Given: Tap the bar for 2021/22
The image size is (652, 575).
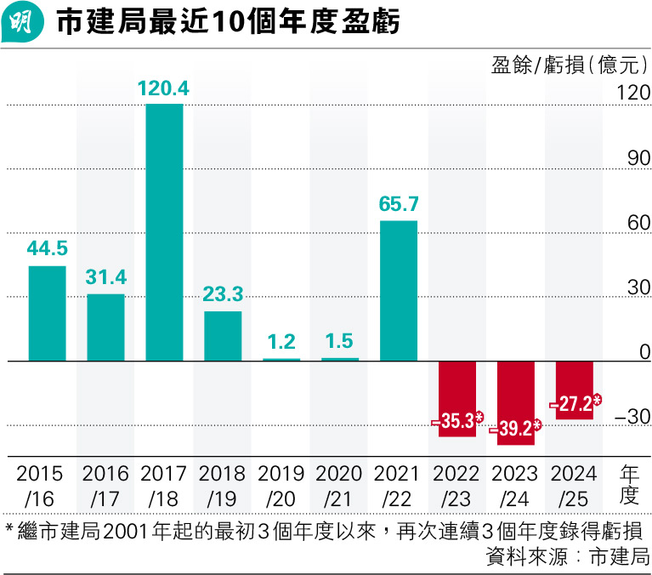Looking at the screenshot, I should (399, 291).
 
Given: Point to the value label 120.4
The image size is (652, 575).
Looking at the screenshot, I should (164, 88).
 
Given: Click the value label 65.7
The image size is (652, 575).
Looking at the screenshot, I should (399, 205).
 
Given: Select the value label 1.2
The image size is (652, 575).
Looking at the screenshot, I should (281, 342).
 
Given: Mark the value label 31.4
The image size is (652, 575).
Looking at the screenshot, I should (106, 278).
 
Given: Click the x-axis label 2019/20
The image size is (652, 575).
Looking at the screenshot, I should (281, 485).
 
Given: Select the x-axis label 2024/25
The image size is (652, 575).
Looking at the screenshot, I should (574, 485).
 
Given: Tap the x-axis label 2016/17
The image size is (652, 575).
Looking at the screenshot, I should (106, 485).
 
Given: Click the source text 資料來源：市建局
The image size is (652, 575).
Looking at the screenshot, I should (567, 558).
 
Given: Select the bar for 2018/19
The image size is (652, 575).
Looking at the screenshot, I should (223, 336).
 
